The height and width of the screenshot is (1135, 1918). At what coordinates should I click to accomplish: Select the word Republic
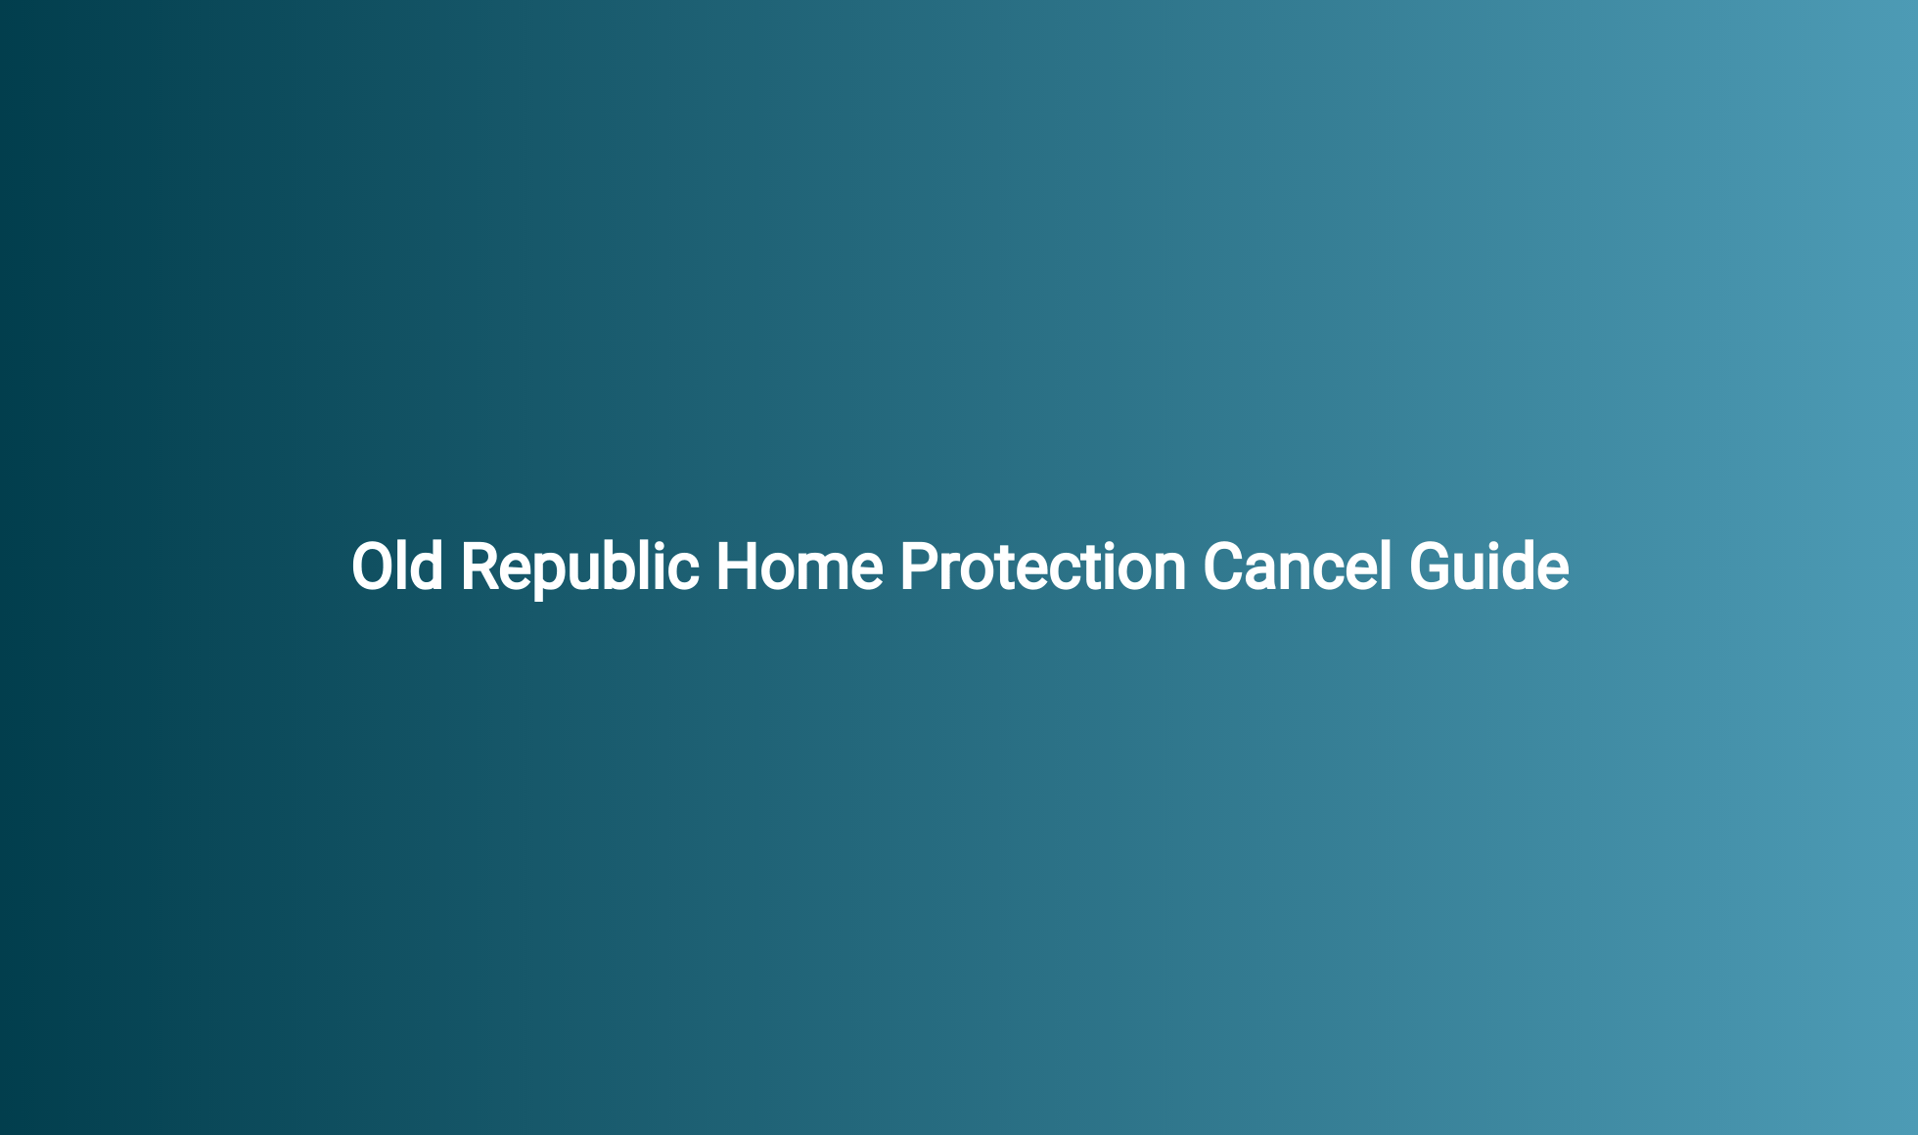(579, 567)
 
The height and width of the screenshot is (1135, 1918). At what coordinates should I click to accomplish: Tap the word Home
(799, 567)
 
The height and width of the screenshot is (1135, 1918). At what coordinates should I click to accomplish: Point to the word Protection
(1042, 567)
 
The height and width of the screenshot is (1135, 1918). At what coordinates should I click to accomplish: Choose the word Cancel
(1297, 567)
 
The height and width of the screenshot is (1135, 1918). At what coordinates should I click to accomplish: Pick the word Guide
(1488, 567)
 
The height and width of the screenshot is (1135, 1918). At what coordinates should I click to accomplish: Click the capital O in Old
(371, 567)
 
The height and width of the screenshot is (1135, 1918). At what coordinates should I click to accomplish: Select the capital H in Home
(737, 567)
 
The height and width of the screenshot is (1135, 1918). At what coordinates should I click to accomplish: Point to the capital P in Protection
(918, 567)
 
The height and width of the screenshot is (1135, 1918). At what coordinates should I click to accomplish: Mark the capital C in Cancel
(1222, 567)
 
